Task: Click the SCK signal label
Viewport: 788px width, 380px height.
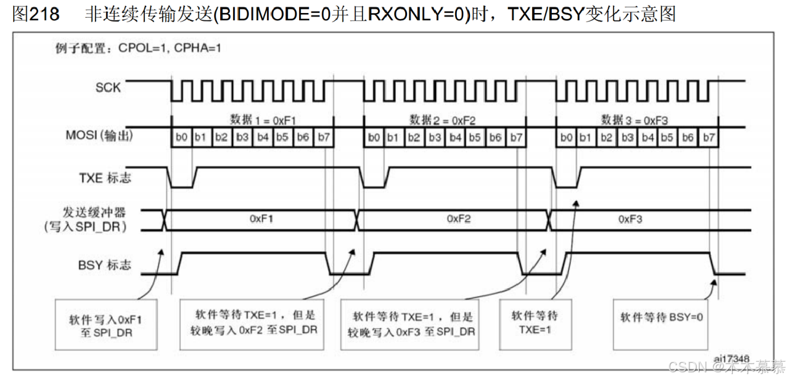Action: [108, 88]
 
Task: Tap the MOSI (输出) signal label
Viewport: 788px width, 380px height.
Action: [99, 135]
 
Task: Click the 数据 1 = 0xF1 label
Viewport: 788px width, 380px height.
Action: [259, 119]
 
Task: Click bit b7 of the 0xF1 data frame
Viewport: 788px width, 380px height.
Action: [323, 138]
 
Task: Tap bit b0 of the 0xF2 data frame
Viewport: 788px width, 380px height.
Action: [373, 138]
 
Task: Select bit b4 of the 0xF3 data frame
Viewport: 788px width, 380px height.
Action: [647, 138]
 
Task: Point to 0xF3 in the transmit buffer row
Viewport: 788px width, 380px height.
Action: [630, 219]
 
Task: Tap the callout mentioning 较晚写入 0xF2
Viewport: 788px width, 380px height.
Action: [256, 322]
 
